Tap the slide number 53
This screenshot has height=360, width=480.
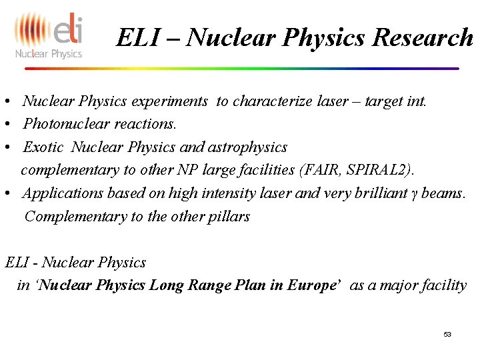tap(447, 334)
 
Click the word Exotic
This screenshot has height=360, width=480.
tap(43, 147)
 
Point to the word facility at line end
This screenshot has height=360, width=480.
tap(443, 285)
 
